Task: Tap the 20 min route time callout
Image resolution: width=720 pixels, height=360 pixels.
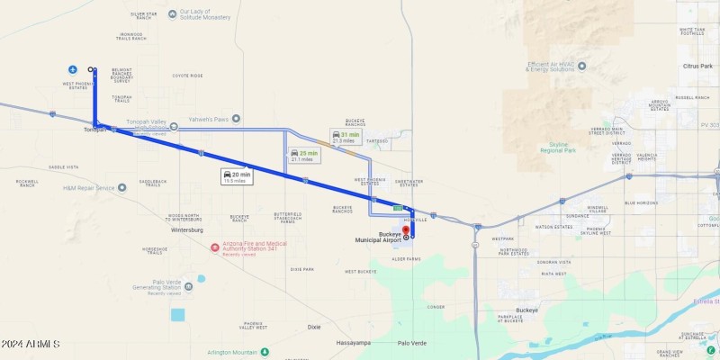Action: pyautogui.click(x=238, y=176)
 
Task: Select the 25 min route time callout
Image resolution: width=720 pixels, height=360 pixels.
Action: pyautogui.click(x=304, y=155)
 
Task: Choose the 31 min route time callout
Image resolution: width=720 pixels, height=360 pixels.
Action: pyautogui.click(x=346, y=137)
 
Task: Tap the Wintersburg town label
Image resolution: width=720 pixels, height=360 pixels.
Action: pyautogui.click(x=186, y=229)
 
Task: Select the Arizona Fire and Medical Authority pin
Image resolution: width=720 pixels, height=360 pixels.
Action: pyautogui.click(x=214, y=247)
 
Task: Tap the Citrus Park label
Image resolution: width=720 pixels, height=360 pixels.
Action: pyautogui.click(x=697, y=67)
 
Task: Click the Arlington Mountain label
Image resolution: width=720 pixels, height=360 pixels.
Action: pyautogui.click(x=233, y=352)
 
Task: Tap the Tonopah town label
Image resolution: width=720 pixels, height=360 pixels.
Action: pyautogui.click(x=94, y=130)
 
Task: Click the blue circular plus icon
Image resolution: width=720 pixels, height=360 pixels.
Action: pyautogui.click(x=72, y=69)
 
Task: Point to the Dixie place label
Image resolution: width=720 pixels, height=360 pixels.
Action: pyautogui.click(x=314, y=327)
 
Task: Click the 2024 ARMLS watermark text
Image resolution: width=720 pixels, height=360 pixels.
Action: pyautogui.click(x=31, y=345)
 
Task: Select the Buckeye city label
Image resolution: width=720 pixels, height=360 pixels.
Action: pyautogui.click(x=526, y=310)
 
